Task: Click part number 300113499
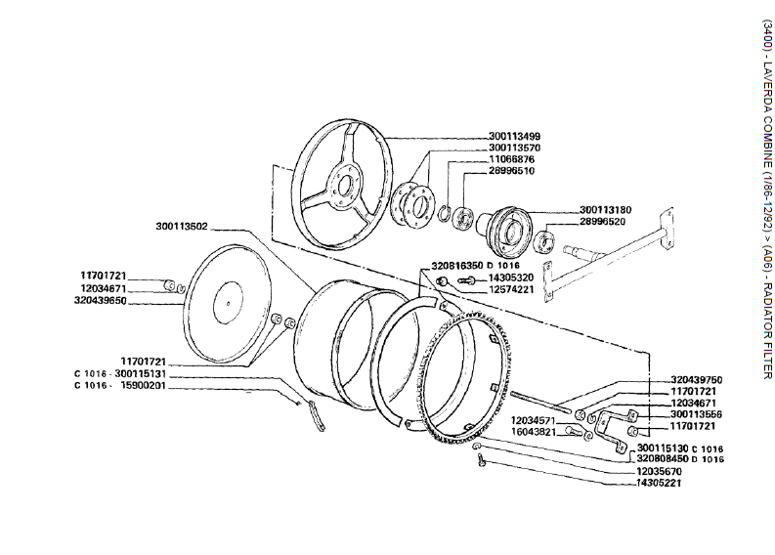pyautogui.click(x=514, y=136)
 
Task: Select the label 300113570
pyautogui.click(x=514, y=148)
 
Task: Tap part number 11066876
pyautogui.click(x=511, y=159)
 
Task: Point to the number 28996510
pyautogui.click(x=511, y=171)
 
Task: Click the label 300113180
pyautogui.click(x=605, y=209)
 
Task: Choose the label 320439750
pyautogui.click(x=668, y=379)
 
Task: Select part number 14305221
pyautogui.click(x=661, y=483)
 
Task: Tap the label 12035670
pyautogui.click(x=661, y=471)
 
